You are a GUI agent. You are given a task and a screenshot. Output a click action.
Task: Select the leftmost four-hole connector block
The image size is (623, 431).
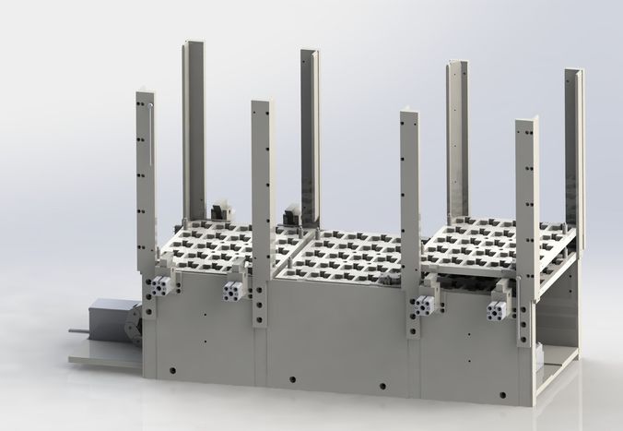click(x=162, y=287)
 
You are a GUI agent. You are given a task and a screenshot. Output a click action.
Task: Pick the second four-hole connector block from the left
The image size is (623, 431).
click(x=232, y=292)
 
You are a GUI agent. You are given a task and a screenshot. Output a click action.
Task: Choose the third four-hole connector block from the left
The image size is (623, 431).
click(x=425, y=304)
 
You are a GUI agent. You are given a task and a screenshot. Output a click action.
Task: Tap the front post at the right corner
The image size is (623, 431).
click(x=526, y=231)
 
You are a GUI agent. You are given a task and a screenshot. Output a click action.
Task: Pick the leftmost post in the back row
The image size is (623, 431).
click(x=194, y=129)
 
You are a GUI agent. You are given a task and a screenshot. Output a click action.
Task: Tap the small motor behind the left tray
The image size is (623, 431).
click(x=219, y=211)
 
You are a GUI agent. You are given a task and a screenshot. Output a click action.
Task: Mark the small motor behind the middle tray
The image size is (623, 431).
click(x=292, y=214)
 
